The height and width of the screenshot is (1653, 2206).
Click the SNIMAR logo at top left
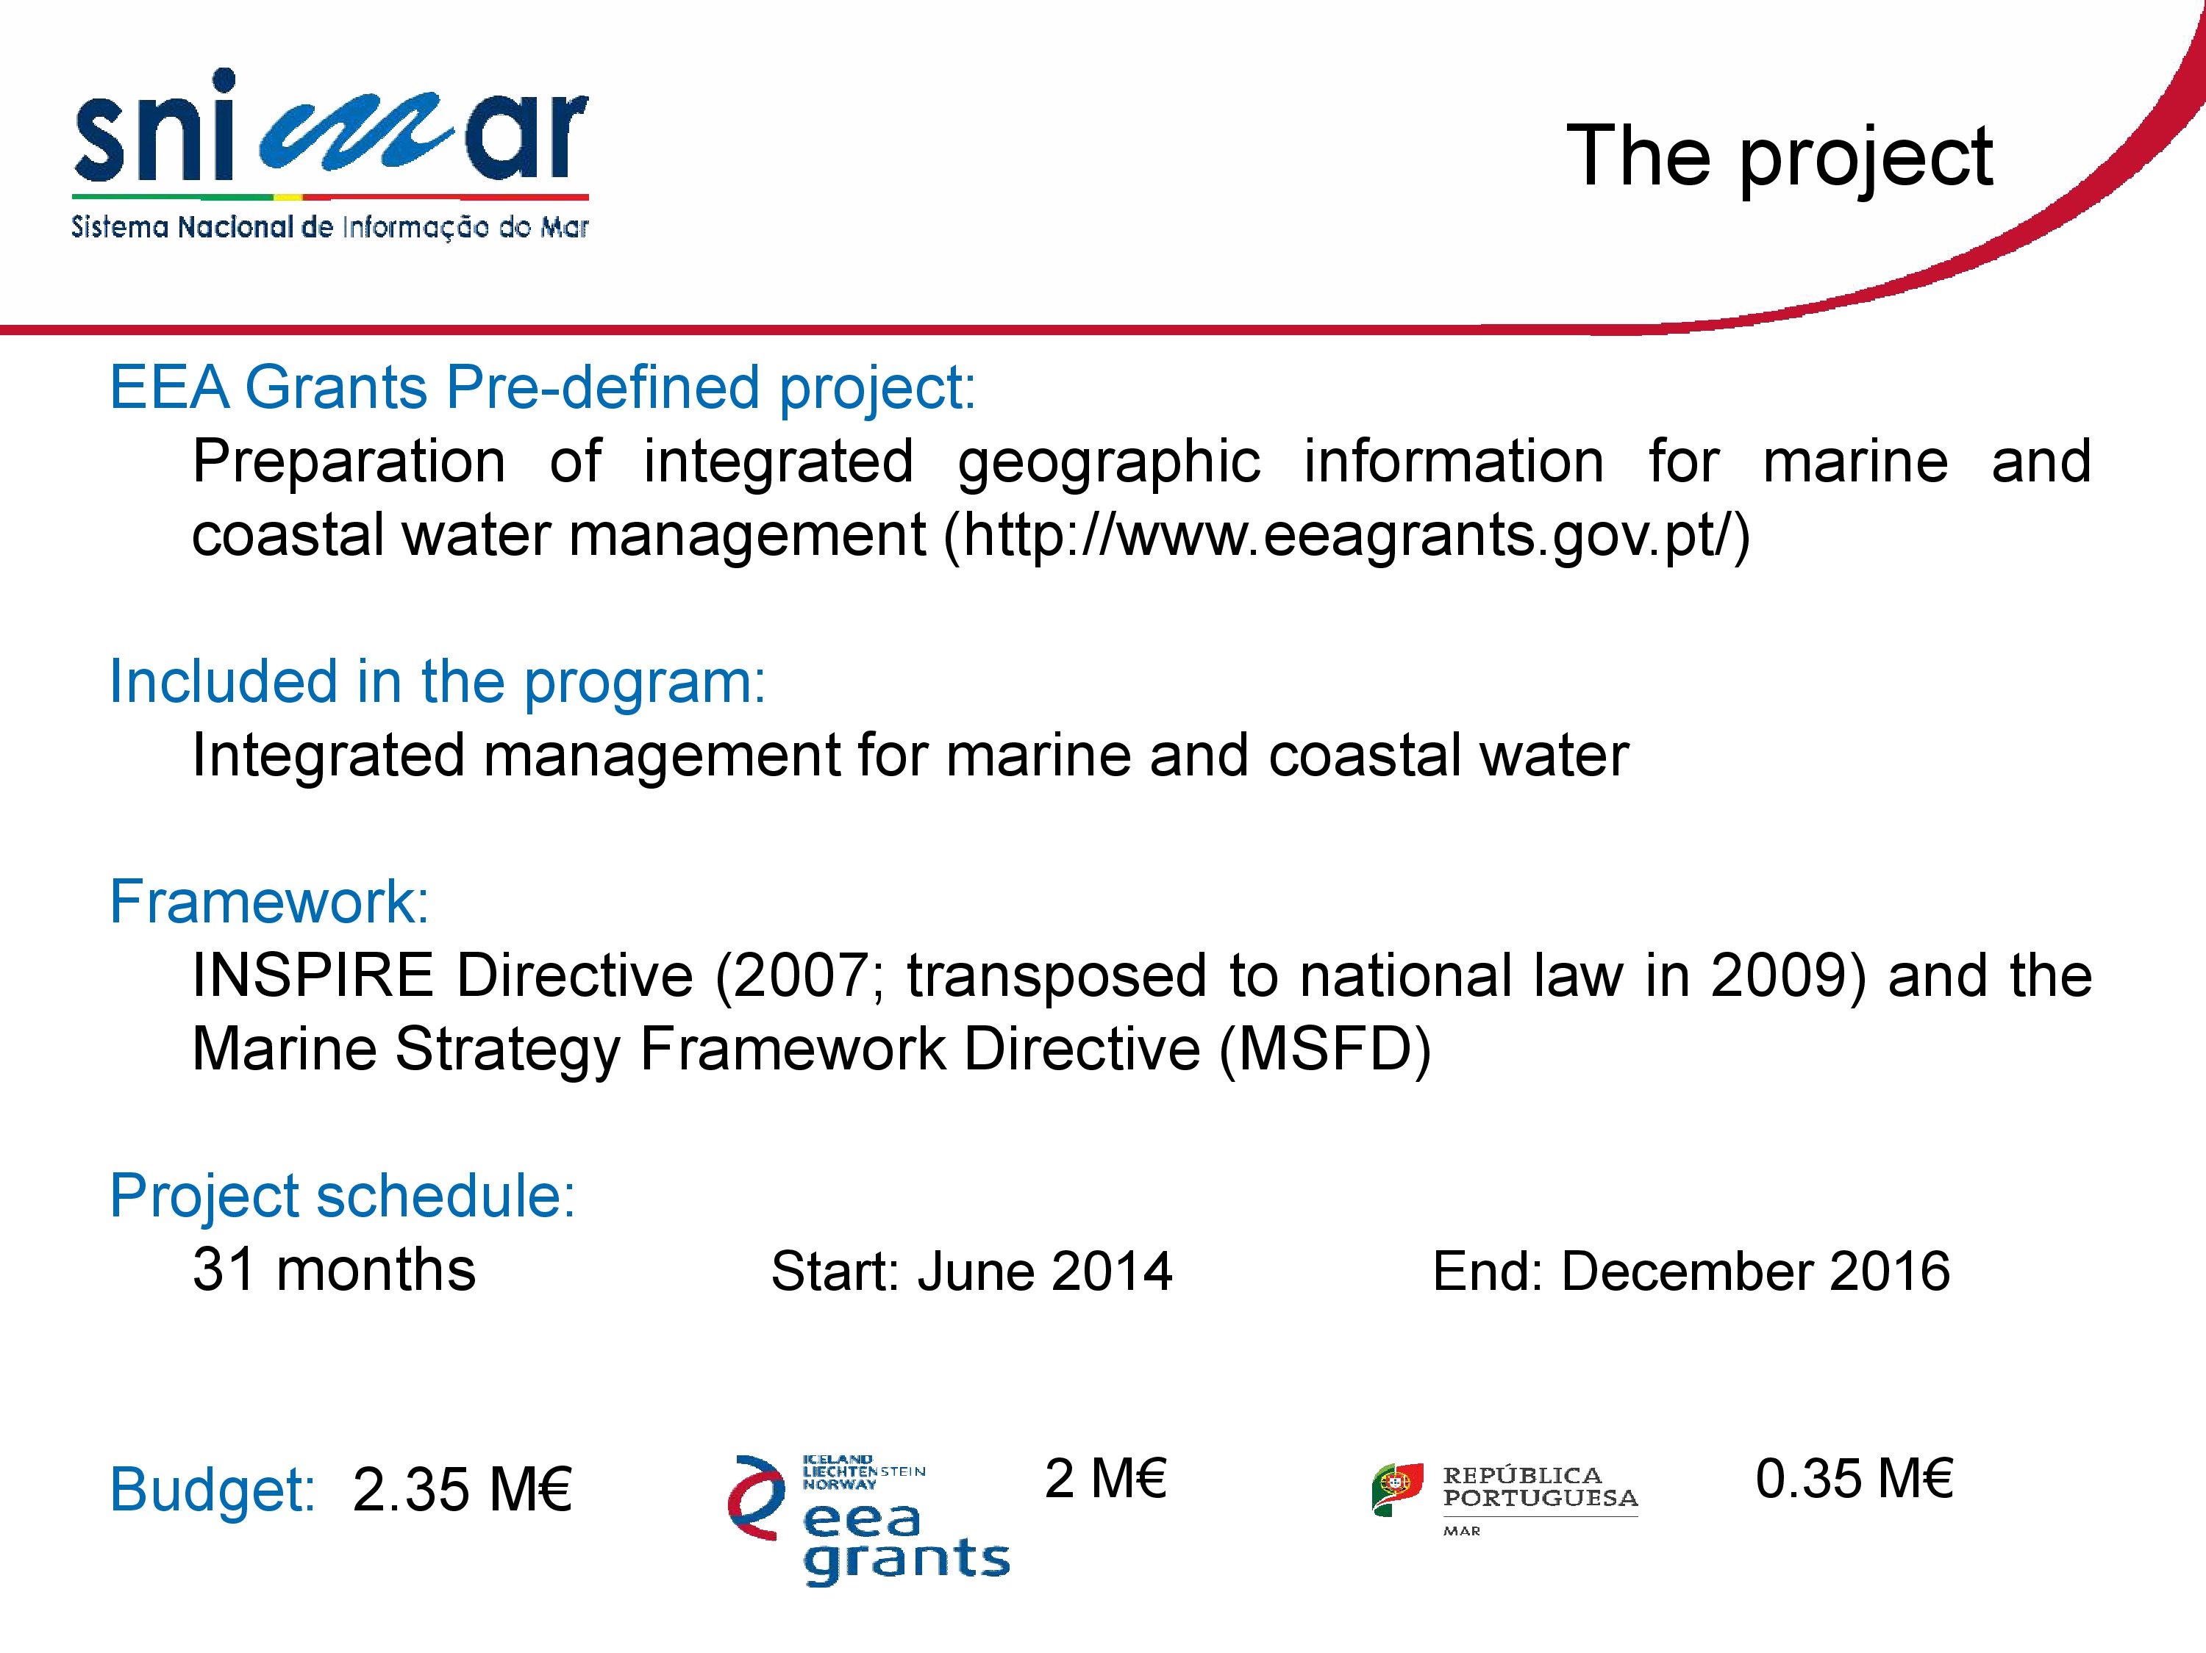pos(330,154)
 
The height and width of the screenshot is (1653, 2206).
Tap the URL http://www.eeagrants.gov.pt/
pos(1346,535)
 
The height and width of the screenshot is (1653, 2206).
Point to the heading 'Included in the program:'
pos(438,683)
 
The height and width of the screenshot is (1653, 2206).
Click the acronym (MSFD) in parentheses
pos(1325,1050)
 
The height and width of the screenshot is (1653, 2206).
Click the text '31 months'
pos(334,1270)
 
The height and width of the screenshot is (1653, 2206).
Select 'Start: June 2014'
pos(971,1271)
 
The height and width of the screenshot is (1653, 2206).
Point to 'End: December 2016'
pos(1691,1271)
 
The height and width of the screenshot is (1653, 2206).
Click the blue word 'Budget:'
pos(213,1490)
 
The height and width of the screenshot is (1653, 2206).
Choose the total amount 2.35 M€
pos(462,1490)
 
